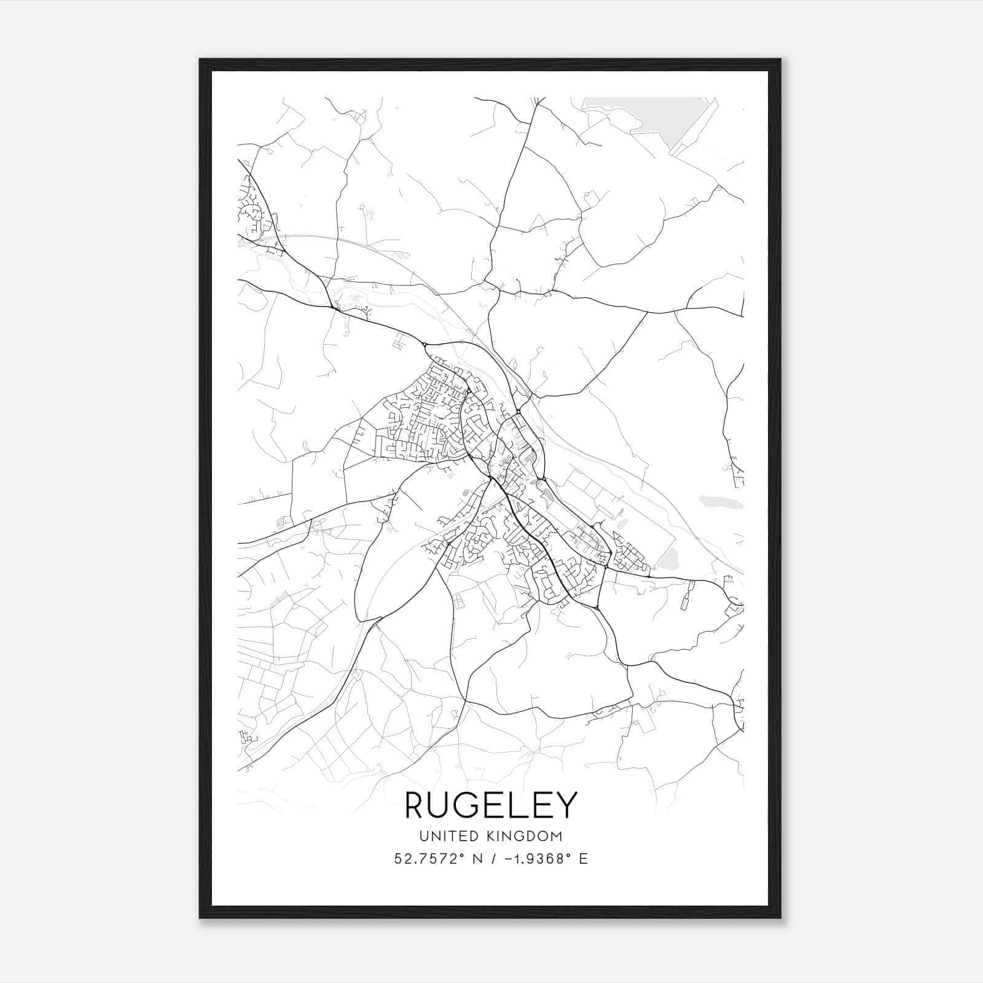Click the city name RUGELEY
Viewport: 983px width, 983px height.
coord(491,805)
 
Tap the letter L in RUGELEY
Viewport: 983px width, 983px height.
coord(519,805)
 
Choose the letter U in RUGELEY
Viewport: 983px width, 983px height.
coord(443,805)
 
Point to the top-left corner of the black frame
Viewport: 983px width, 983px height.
coord(200,60)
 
